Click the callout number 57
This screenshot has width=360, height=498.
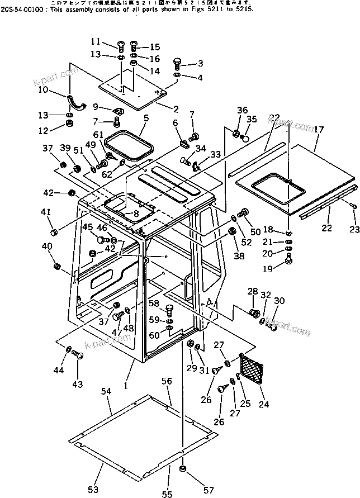pos(208,490)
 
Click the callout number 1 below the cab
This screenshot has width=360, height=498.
pos(126,385)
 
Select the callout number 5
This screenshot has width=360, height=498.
pos(146,118)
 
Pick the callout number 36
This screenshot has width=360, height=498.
pos(241,110)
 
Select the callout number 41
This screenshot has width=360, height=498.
pos(46,212)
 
